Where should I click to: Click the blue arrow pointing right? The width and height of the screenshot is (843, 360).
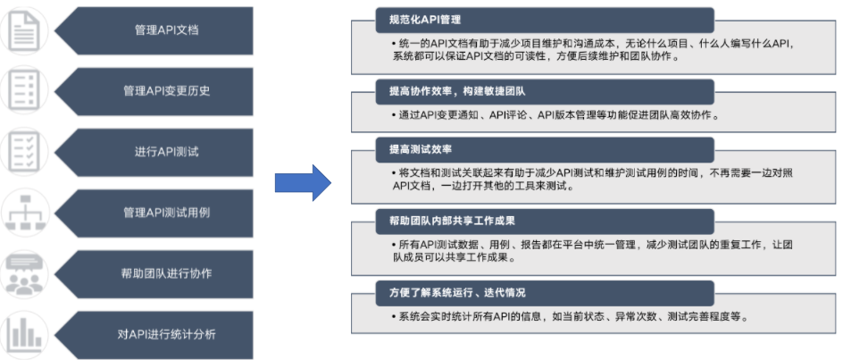[x=303, y=182]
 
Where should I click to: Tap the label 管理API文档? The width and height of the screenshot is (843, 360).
[x=166, y=30]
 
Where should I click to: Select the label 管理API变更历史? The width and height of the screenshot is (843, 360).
[x=166, y=91]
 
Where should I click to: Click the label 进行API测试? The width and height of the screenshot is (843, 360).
[x=166, y=152]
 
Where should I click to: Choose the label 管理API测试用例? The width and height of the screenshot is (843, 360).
[x=166, y=213]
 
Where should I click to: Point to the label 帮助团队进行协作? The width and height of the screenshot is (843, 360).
[x=166, y=273]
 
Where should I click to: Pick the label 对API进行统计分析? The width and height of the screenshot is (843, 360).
[x=166, y=334]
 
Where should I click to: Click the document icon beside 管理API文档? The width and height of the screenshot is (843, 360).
[x=28, y=30]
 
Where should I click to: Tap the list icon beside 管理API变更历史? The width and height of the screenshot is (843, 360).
[x=28, y=91]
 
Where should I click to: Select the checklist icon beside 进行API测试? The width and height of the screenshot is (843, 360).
[x=28, y=152]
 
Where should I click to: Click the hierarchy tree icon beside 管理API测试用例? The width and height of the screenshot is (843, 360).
[x=28, y=213]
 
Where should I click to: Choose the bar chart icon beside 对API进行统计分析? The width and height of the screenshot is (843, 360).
[x=28, y=334]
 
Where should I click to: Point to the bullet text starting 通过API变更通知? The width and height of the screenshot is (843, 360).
[x=555, y=115]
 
